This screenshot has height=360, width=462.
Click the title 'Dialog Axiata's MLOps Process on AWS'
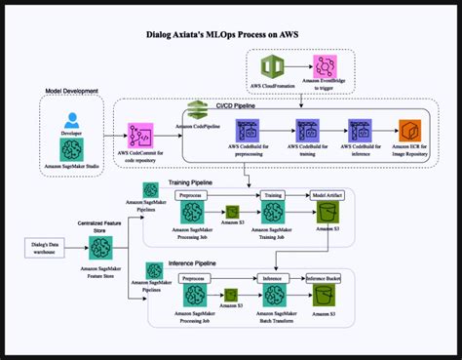point(232,32)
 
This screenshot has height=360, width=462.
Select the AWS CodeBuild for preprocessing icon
point(248,130)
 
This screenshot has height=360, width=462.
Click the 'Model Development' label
point(72,91)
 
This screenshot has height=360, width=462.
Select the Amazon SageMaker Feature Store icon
point(98,245)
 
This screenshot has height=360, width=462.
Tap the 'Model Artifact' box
point(326,195)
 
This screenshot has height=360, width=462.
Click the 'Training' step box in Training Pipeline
point(272,195)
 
